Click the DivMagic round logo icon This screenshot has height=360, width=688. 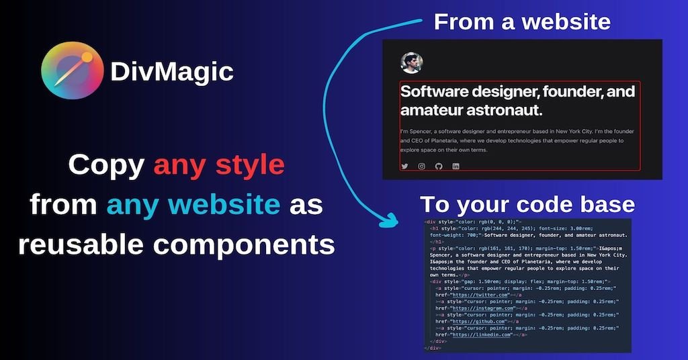coord(72,71)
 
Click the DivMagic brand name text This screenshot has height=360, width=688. coord(171,71)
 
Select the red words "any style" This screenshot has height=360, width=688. coord(219,165)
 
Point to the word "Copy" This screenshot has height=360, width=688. coord(107,165)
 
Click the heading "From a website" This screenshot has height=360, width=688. coord(521,21)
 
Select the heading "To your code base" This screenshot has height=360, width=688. coord(527,204)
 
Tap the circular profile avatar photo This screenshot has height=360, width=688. coord(412,63)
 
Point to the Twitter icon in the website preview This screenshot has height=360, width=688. coord(404,166)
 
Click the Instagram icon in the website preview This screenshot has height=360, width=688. coord(422,166)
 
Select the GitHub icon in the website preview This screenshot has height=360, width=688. coord(439,166)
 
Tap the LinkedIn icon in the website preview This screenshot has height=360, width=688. coord(456,166)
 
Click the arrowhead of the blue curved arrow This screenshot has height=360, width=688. coord(388,219)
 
